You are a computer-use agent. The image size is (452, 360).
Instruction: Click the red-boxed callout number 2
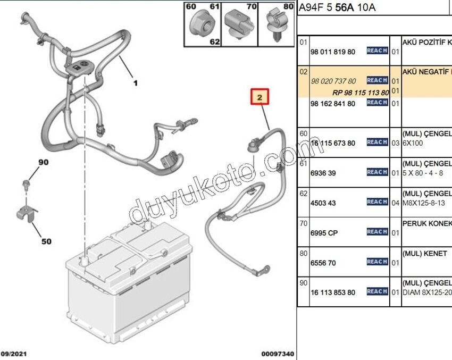click(x=260, y=98)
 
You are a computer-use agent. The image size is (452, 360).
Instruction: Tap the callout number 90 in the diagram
click(x=43, y=162)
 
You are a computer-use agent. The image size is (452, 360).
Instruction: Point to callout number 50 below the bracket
click(x=46, y=241)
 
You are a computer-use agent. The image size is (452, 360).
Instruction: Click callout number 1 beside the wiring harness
click(x=135, y=83)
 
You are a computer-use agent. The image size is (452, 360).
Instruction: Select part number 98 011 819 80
click(x=332, y=52)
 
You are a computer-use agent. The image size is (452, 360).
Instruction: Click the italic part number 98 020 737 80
click(x=333, y=81)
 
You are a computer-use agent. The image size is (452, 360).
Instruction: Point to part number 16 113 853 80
click(x=332, y=292)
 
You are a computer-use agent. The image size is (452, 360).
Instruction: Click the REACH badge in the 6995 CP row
click(x=377, y=232)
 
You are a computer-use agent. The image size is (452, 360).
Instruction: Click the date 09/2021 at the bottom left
click(x=13, y=354)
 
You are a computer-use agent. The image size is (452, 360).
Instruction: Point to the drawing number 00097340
click(x=277, y=354)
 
